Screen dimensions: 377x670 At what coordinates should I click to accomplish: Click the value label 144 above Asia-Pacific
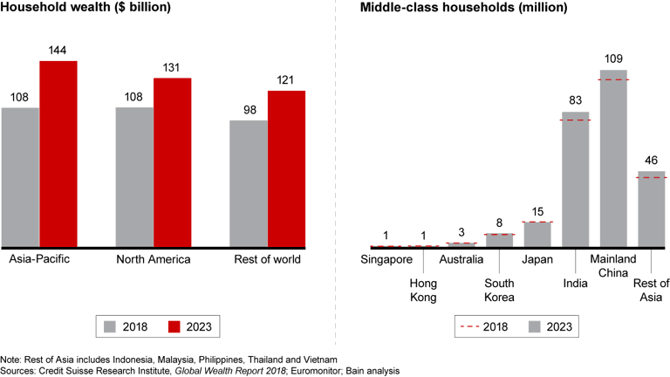[x=58, y=51]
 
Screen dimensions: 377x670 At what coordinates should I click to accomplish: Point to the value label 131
[x=173, y=68]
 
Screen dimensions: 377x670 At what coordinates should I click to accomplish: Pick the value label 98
[x=248, y=111]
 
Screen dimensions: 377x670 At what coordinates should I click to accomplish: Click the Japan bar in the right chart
[x=537, y=234]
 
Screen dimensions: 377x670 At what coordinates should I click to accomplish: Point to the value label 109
[x=613, y=59]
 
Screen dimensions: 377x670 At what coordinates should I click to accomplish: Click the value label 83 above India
[x=575, y=101]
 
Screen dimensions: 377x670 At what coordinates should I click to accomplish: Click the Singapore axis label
[x=386, y=260]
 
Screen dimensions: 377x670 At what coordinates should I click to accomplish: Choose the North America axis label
[x=154, y=260]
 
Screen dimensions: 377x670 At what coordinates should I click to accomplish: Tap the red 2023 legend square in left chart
[x=174, y=327]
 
